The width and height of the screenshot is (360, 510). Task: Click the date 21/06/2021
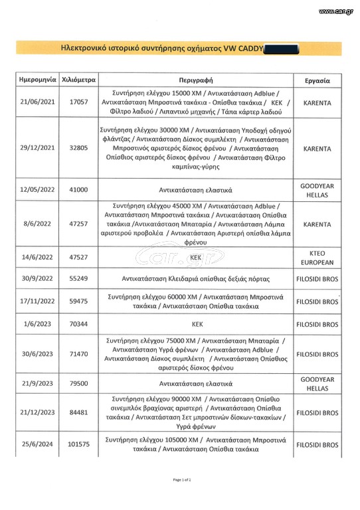pyautogui.click(x=37, y=104)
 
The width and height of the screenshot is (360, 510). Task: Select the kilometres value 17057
pyautogui.click(x=78, y=104)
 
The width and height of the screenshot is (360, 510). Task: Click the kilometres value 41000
pyautogui.click(x=78, y=189)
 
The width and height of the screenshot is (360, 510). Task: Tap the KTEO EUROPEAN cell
pyautogui.click(x=317, y=256)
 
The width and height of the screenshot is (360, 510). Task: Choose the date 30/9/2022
pyautogui.click(x=37, y=280)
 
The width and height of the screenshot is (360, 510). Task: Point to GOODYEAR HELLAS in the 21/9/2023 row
pyautogui.click(x=317, y=384)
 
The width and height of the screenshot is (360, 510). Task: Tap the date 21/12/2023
pyautogui.click(x=37, y=412)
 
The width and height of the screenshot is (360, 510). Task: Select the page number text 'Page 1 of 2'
pyautogui.click(x=181, y=479)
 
